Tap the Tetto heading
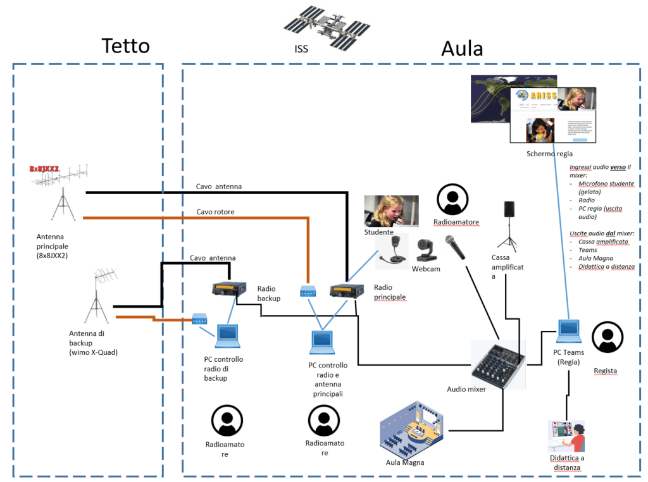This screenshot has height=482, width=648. [125, 46]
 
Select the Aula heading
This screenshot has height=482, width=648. [462, 48]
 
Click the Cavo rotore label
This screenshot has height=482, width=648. [215, 212]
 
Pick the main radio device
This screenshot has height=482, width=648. [347, 290]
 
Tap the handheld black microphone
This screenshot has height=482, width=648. [456, 247]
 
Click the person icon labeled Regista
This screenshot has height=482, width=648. [607, 337]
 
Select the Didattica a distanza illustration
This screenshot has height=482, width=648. [566, 436]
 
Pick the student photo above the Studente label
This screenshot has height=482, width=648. [391, 211]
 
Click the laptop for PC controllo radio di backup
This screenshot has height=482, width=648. [227, 335]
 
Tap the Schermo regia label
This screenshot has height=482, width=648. [549, 154]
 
